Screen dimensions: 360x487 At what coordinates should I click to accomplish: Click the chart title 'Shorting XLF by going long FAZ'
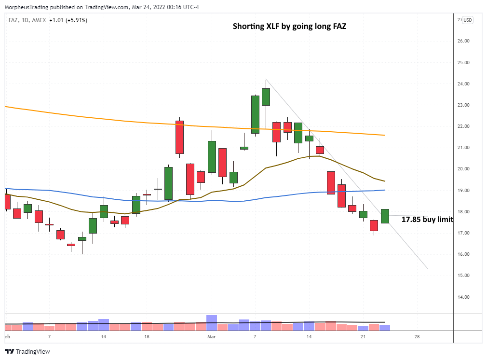[x=289, y=26]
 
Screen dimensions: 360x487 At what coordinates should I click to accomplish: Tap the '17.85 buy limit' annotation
[x=427, y=220]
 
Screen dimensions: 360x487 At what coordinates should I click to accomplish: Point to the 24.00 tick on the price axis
[x=464, y=84]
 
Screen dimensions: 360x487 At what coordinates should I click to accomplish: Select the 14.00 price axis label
[x=464, y=297]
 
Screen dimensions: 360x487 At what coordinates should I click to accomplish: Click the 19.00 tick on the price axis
[x=464, y=190]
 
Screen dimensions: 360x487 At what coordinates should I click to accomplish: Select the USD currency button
[x=468, y=20]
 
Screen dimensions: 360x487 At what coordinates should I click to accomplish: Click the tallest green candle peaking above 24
[x=266, y=97]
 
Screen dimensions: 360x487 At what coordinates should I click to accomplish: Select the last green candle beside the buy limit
[x=385, y=216]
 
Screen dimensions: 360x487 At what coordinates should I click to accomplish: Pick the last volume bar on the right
[x=385, y=328]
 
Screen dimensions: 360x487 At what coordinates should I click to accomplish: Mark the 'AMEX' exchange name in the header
[x=42, y=20]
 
